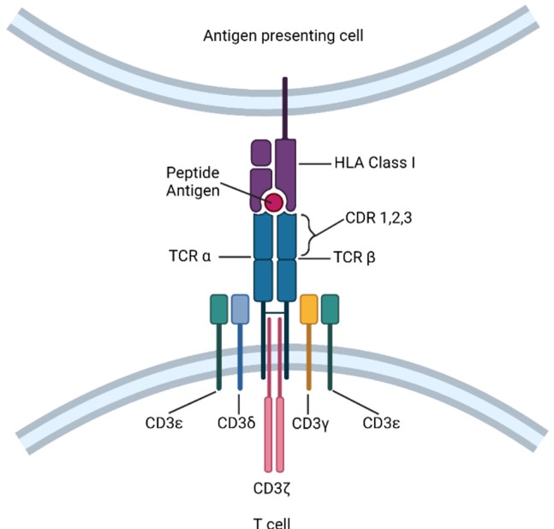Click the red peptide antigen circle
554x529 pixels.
(x=274, y=202)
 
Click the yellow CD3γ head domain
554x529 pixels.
(x=309, y=309)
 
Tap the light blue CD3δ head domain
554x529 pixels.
(x=240, y=309)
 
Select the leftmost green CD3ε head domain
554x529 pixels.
(x=219, y=309)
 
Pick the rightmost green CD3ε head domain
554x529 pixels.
(x=330, y=309)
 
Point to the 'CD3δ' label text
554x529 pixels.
(x=235, y=422)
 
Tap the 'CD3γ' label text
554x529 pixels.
(x=309, y=422)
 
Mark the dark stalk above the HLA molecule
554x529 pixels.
(x=284, y=107)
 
